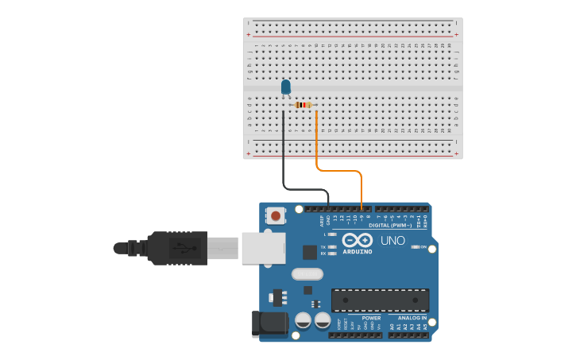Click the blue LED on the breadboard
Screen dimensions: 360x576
(286, 87)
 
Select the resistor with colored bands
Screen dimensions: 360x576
(303, 105)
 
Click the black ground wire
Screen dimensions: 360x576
(283, 159)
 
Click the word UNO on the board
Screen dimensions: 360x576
(392, 241)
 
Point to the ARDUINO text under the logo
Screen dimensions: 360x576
(358, 252)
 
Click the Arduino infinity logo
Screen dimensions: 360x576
(358, 240)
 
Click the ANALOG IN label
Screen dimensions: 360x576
(412, 318)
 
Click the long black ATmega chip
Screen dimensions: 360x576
(380, 300)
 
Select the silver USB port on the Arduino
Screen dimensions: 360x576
(263, 247)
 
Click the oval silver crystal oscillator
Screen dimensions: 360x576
(307, 274)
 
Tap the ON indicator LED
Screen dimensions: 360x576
(416, 247)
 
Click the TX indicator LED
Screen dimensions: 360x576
(333, 247)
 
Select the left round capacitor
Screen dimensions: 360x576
(303, 320)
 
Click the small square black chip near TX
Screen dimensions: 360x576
(309, 252)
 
